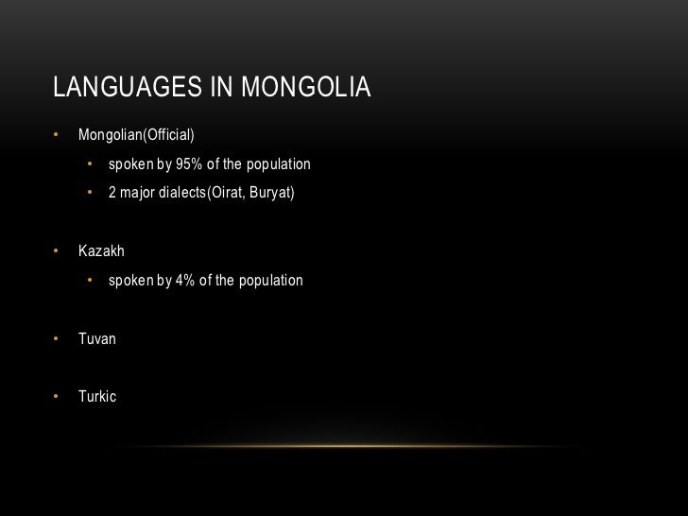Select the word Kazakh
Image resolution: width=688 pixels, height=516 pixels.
[x=101, y=251]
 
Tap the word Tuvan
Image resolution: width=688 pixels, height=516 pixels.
[x=97, y=337]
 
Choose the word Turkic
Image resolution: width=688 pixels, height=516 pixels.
[x=97, y=397]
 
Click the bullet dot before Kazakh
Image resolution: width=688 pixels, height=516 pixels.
[x=57, y=251]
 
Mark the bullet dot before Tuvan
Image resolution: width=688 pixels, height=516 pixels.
[x=57, y=337]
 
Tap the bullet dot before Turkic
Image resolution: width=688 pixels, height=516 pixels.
[x=57, y=397]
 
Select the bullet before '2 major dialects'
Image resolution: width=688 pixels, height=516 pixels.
[x=91, y=195]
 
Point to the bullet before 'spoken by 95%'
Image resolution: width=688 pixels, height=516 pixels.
[x=91, y=164]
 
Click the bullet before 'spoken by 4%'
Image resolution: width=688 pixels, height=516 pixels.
[x=91, y=281]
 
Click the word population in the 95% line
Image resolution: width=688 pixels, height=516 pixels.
[x=278, y=164]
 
